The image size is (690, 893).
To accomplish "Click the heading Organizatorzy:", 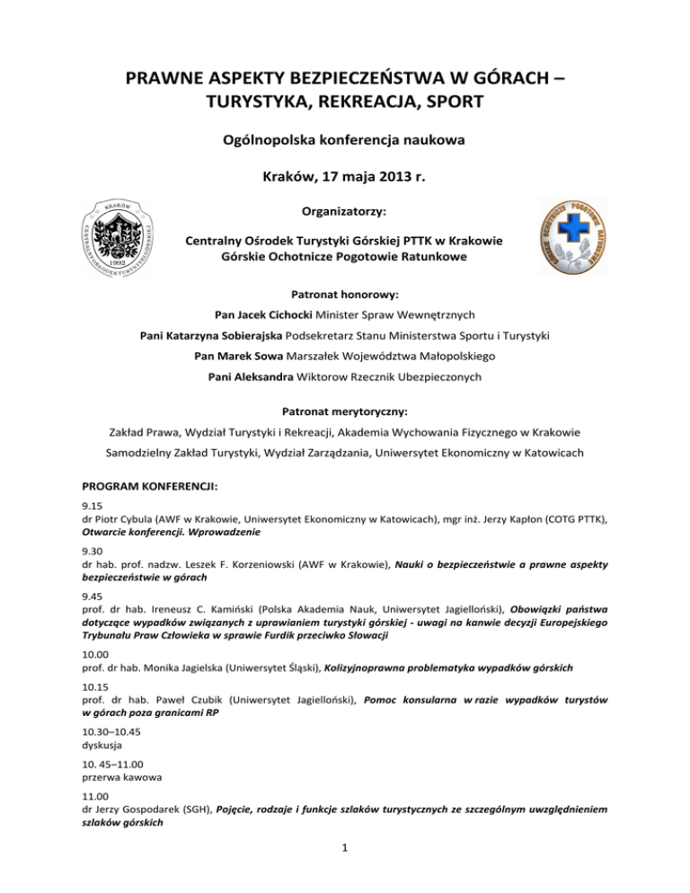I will click(345, 213).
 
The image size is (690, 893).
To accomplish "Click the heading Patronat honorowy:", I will click(345, 294).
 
